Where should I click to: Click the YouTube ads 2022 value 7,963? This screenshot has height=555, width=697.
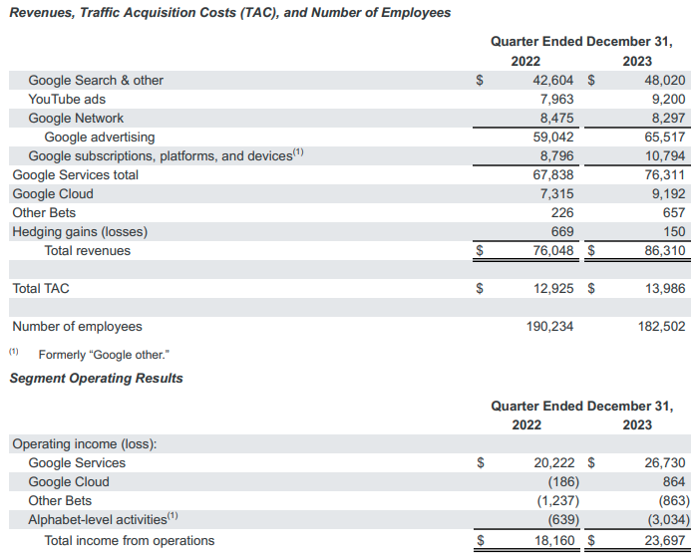coord(556,99)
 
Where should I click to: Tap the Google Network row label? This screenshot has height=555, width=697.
coord(76,118)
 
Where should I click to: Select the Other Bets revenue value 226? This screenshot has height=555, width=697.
coord(563,212)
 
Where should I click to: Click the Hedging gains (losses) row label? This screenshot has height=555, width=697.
coord(80,231)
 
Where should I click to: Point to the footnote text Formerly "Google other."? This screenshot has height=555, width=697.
coord(110,354)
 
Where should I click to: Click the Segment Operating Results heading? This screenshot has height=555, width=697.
coord(96,378)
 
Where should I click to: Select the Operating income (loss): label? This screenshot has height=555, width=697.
coord(85,443)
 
